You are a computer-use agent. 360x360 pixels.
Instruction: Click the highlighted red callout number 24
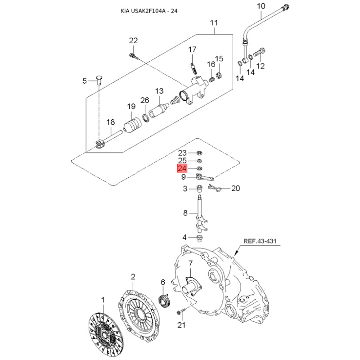point(182,168)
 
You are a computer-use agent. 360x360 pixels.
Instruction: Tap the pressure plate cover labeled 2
point(139,314)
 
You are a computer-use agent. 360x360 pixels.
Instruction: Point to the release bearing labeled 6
point(164,301)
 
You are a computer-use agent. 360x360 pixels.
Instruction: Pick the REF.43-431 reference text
point(260,241)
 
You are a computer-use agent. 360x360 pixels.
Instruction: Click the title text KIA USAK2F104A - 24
point(149,11)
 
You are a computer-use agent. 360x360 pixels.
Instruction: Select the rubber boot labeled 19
point(132,126)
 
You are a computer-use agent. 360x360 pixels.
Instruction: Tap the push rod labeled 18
point(108,139)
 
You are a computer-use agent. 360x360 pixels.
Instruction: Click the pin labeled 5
point(99,80)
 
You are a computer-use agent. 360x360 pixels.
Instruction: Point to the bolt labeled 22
point(134,56)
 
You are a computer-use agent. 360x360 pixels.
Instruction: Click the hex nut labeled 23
point(199,153)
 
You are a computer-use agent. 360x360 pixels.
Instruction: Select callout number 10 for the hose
point(261,6)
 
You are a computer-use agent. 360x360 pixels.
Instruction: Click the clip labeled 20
point(215,188)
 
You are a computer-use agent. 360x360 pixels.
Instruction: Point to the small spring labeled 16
point(211,80)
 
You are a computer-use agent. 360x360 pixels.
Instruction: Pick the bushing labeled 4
point(200,238)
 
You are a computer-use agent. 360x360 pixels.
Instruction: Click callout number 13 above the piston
point(159,91)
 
